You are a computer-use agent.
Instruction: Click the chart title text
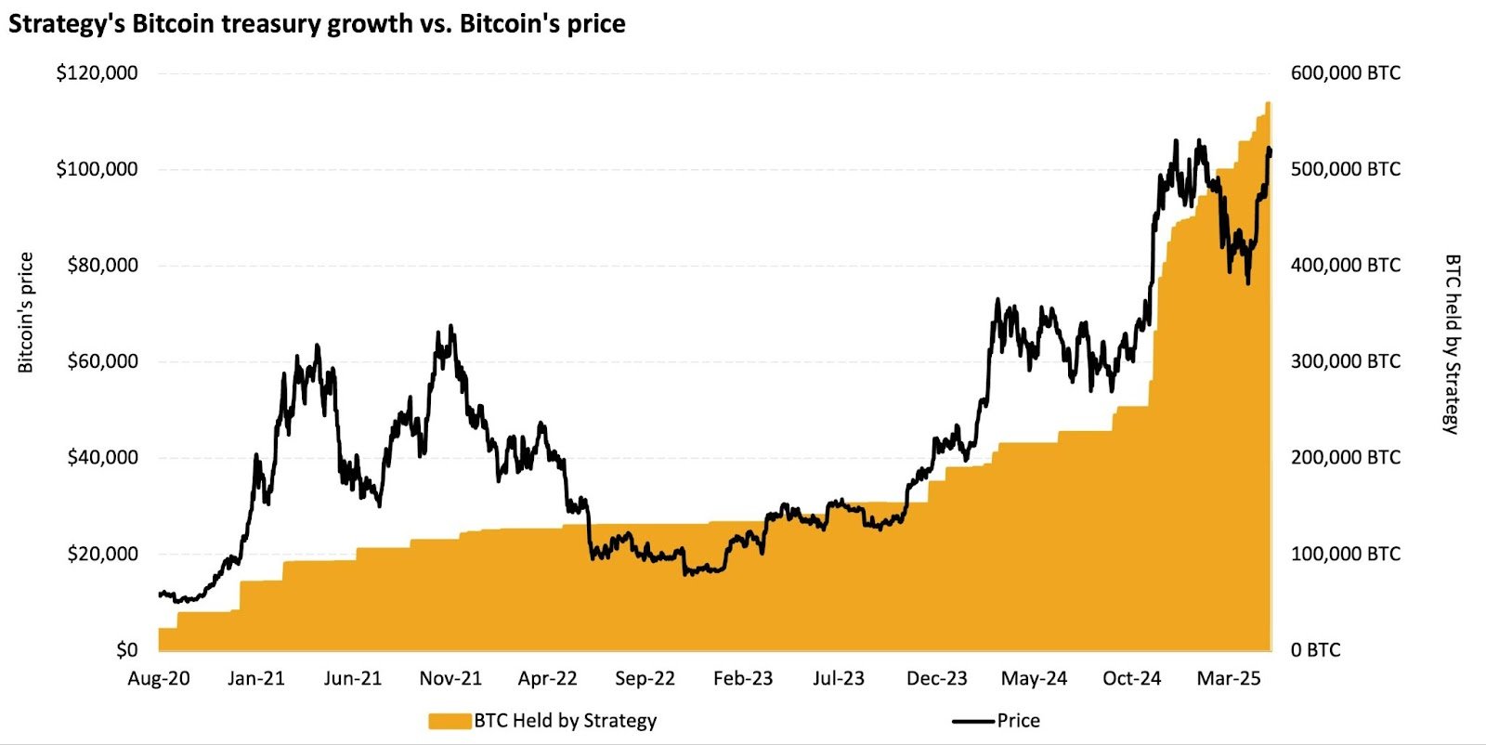[317, 23]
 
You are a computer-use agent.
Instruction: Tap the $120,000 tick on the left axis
[98, 72]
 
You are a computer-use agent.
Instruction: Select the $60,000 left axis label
[102, 360]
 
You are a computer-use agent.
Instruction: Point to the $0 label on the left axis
[126, 649]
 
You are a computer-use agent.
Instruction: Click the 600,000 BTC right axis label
[1345, 72]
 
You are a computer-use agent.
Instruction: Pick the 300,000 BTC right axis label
[1345, 360]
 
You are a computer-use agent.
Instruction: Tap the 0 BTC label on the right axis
[1315, 649]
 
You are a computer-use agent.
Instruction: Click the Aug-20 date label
[159, 678]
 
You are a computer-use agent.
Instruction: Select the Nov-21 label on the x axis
[450, 678]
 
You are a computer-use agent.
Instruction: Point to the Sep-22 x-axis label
[645, 678]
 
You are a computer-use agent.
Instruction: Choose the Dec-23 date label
[936, 678]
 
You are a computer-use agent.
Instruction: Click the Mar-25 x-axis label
[1228, 678]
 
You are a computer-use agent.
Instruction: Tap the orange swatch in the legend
[450, 721]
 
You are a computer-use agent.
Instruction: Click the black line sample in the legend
[972, 721]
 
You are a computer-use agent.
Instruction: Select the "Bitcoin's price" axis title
[26, 312]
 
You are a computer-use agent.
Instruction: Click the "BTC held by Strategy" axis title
[1452, 344]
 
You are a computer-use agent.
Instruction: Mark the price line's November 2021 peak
[451, 326]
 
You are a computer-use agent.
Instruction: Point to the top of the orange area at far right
[1268, 103]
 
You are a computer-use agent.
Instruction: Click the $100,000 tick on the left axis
[98, 168]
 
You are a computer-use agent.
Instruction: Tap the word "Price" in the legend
[1019, 721]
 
